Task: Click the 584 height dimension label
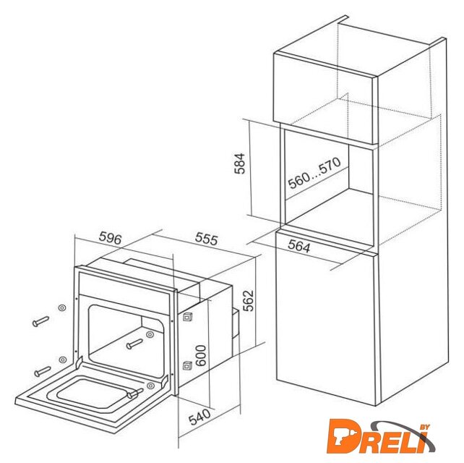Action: pyautogui.click(x=239, y=163)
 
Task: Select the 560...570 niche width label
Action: pyautogui.click(x=314, y=173)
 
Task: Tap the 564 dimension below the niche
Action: pyautogui.click(x=299, y=246)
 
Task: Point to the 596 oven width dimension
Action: pyautogui.click(x=110, y=238)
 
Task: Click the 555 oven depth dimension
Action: pyautogui.click(x=207, y=239)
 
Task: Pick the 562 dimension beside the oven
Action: pyautogui.click(x=248, y=300)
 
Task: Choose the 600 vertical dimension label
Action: pyautogui.click(x=200, y=355)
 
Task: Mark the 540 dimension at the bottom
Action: pyautogui.click(x=199, y=417)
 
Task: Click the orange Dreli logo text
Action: pyautogui.click(x=378, y=437)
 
